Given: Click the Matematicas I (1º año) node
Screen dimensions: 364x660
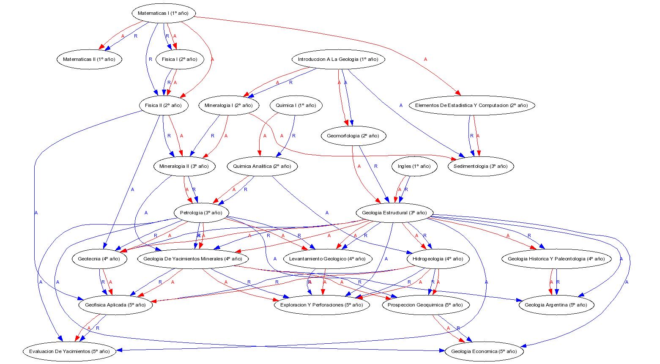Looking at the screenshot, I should [x=163, y=13].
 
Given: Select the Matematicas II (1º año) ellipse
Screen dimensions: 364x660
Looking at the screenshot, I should [x=89, y=59].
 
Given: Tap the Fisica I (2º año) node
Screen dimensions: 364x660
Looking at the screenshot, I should [x=179, y=59].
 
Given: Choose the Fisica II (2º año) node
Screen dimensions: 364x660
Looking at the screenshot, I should [x=163, y=105].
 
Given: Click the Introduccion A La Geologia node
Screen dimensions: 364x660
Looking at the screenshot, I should [x=338, y=59].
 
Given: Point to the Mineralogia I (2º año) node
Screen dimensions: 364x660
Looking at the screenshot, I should [x=228, y=105].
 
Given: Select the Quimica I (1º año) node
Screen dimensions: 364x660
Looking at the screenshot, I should [x=296, y=105].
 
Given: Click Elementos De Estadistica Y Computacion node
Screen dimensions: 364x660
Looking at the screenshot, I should [x=471, y=105].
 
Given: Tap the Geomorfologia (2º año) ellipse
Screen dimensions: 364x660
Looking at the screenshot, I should [x=353, y=136].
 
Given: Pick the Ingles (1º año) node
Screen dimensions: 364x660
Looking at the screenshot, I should [x=414, y=166].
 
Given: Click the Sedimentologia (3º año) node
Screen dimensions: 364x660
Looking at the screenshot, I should [x=480, y=166].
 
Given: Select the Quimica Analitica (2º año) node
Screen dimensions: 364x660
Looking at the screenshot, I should [x=262, y=166].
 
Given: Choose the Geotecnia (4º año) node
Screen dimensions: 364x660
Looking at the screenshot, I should [x=99, y=259].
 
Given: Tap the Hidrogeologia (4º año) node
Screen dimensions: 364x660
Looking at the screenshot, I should [x=438, y=259].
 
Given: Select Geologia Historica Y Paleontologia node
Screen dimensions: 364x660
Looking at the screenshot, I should [x=556, y=259].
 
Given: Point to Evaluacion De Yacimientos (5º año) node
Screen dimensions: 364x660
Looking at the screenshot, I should [x=69, y=351].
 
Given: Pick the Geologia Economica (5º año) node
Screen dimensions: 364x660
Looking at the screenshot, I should [x=484, y=351].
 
